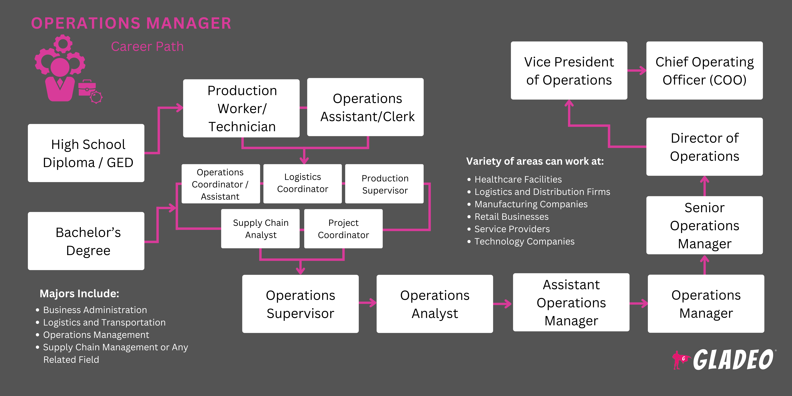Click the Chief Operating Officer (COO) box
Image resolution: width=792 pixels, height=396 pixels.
tap(704, 71)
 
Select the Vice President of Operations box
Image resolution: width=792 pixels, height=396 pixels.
tap(569, 71)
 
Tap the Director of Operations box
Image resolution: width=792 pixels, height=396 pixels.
tap(704, 147)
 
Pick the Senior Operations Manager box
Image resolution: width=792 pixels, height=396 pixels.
tap(704, 225)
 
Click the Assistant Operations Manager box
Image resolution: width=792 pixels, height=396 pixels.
tap(571, 302)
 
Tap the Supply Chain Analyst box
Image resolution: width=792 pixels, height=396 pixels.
tap(260, 229)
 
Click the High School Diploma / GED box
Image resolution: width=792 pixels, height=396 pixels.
tap(86, 153)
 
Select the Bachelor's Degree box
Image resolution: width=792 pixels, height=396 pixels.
tap(86, 241)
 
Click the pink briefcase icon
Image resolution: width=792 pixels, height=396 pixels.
tap(87, 88)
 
